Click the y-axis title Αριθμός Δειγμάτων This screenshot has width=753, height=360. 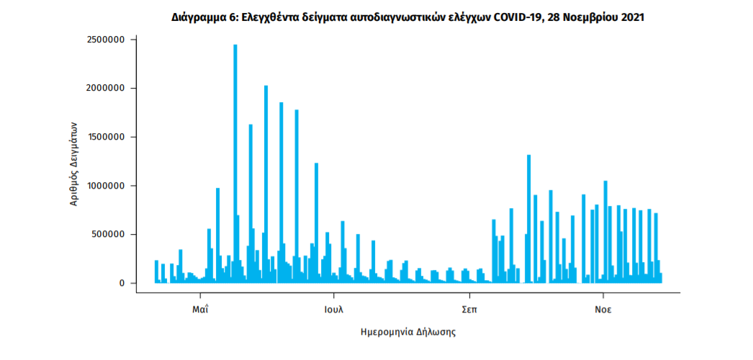[x=73, y=163]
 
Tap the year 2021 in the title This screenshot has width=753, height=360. [x=631, y=17]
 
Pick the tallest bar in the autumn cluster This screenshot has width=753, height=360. [x=528, y=219]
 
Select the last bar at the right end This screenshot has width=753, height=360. [x=660, y=278]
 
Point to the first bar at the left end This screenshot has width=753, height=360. [x=156, y=271]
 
